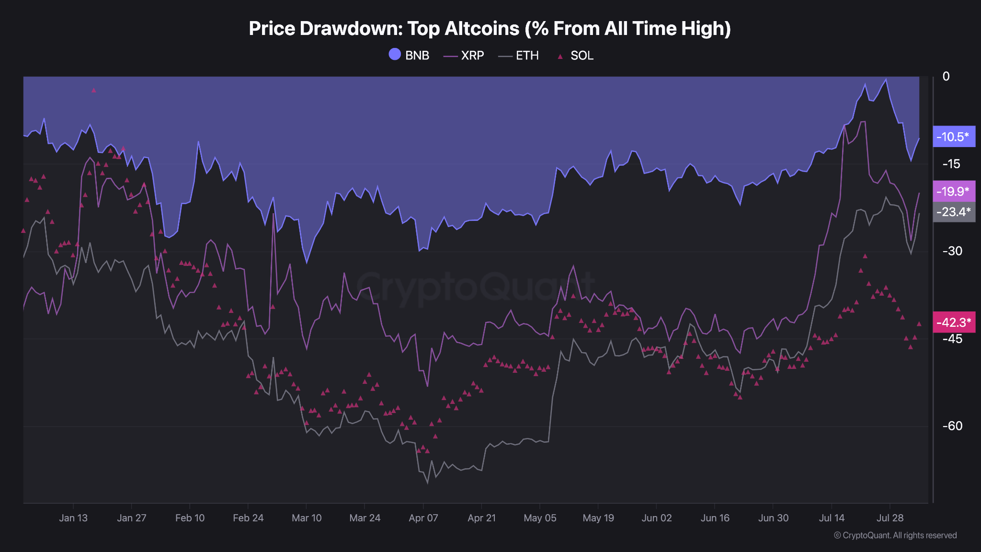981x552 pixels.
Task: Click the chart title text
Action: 490,29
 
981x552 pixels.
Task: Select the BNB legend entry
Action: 409,56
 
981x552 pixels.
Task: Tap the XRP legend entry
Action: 464,56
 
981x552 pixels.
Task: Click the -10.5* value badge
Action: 953,137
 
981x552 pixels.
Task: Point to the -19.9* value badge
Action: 953,191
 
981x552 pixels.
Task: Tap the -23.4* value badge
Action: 953,211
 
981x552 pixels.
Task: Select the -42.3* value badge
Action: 953,322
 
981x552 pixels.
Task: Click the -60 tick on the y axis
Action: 952,426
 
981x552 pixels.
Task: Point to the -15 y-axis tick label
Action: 951,164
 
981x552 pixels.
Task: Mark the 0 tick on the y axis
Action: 946,77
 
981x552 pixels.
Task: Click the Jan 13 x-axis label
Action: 73,518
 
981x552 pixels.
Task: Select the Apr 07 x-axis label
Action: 423,518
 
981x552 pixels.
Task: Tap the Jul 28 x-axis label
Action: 890,518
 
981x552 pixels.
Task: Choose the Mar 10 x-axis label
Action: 307,518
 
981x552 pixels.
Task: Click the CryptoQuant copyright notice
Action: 895,535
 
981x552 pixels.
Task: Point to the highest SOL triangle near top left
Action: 94,90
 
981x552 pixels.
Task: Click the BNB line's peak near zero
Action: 886,80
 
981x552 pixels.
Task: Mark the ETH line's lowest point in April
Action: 427,483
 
